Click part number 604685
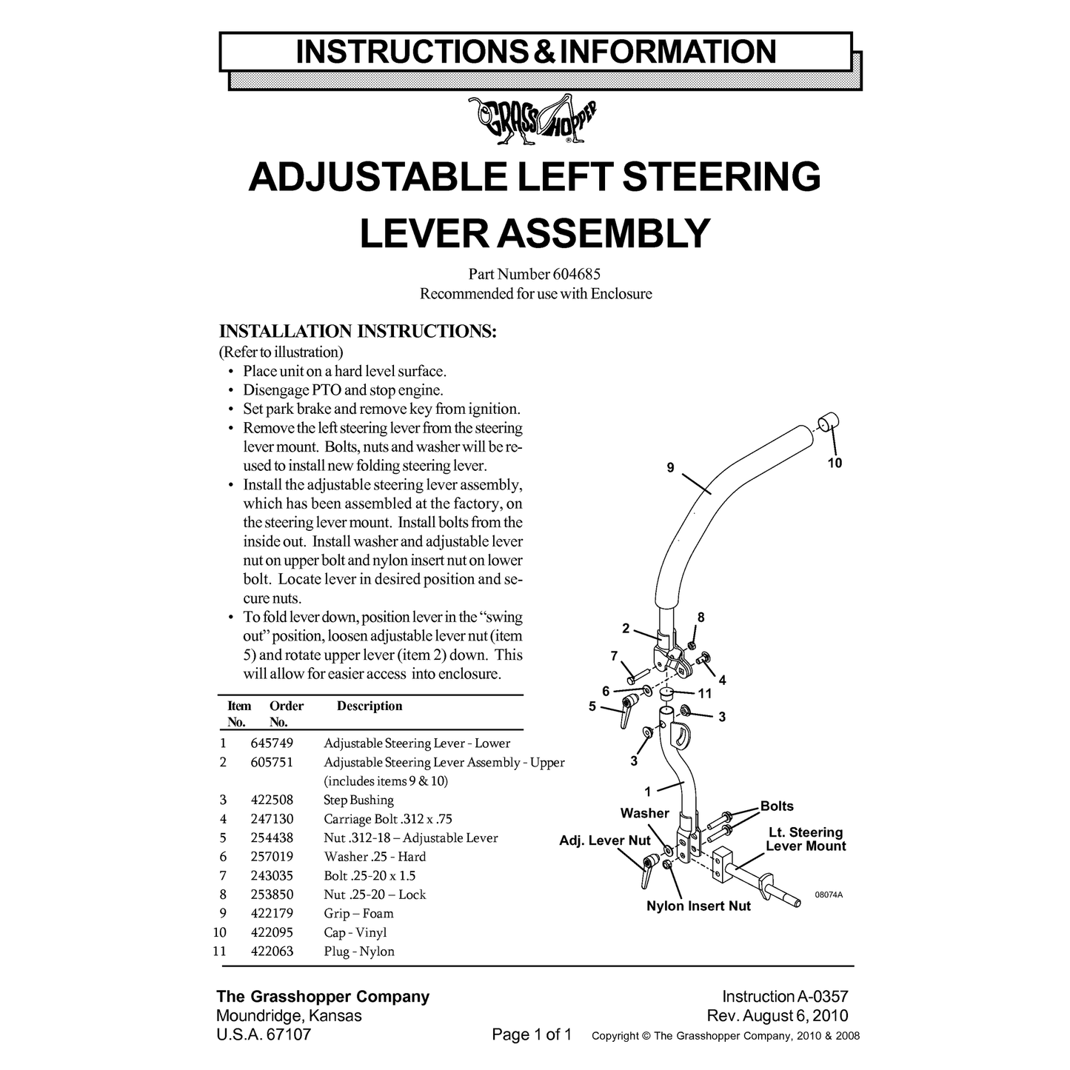pyautogui.click(x=576, y=274)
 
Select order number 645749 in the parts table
pyautogui.click(x=272, y=743)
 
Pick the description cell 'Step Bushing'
pyautogui.click(x=358, y=800)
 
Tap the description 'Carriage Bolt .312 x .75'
pyautogui.click(x=388, y=819)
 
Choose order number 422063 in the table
pyautogui.click(x=272, y=952)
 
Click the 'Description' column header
pyautogui.click(x=370, y=706)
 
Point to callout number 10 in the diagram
pyautogui.click(x=835, y=463)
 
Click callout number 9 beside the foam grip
pyautogui.click(x=670, y=467)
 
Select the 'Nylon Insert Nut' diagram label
pyautogui.click(x=698, y=906)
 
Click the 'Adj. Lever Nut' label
pyautogui.click(x=604, y=840)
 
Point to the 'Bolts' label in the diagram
pyautogui.click(x=776, y=806)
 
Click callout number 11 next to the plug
pyautogui.click(x=705, y=694)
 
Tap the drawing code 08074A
pyautogui.click(x=829, y=895)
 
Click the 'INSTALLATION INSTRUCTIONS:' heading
pyautogui.click(x=358, y=332)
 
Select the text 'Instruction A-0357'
pyautogui.click(x=785, y=996)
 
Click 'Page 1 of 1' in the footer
pyautogui.click(x=532, y=1034)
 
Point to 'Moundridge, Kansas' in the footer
pyautogui.click(x=289, y=1016)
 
